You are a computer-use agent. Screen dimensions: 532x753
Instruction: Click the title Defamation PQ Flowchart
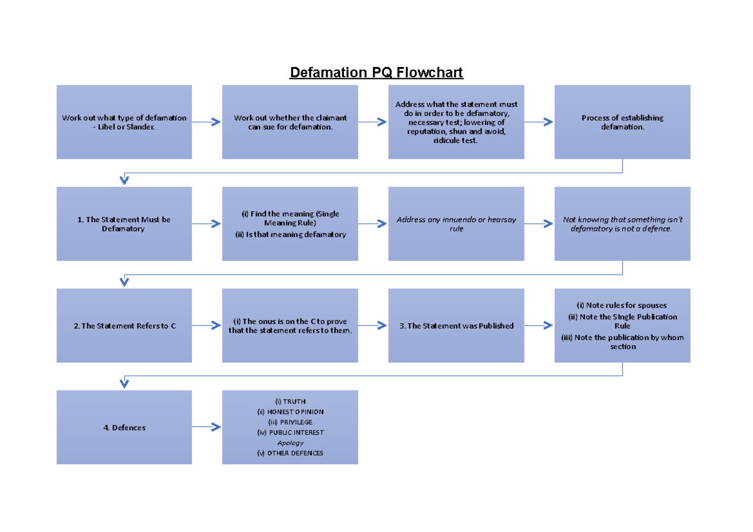click(376, 73)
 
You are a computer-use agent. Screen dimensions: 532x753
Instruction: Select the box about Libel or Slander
click(124, 122)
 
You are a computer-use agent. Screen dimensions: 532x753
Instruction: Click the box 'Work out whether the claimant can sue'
click(290, 122)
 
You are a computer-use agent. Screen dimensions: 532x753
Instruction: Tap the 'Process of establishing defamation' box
click(622, 122)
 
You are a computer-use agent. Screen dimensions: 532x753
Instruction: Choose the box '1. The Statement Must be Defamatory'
click(124, 224)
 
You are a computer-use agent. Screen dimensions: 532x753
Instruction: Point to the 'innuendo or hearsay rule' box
click(456, 224)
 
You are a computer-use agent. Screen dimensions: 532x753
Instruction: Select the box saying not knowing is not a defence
click(622, 224)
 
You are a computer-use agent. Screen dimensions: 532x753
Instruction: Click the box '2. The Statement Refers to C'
click(124, 326)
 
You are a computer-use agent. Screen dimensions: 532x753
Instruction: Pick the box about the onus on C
click(290, 326)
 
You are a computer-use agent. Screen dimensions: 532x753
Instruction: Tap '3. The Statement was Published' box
click(456, 326)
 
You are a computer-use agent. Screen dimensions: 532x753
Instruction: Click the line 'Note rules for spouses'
click(622, 306)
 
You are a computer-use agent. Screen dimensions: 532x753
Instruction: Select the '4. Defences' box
click(124, 427)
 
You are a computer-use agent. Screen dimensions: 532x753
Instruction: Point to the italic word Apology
click(290, 442)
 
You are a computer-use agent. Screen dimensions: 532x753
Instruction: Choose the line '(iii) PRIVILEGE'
click(290, 422)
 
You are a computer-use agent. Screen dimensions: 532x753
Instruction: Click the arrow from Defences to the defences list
click(207, 427)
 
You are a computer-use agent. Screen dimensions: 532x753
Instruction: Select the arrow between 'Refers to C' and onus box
click(207, 326)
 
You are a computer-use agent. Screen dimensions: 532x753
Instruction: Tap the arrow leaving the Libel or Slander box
click(207, 122)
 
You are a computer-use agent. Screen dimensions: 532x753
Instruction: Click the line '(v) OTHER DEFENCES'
click(290, 453)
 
